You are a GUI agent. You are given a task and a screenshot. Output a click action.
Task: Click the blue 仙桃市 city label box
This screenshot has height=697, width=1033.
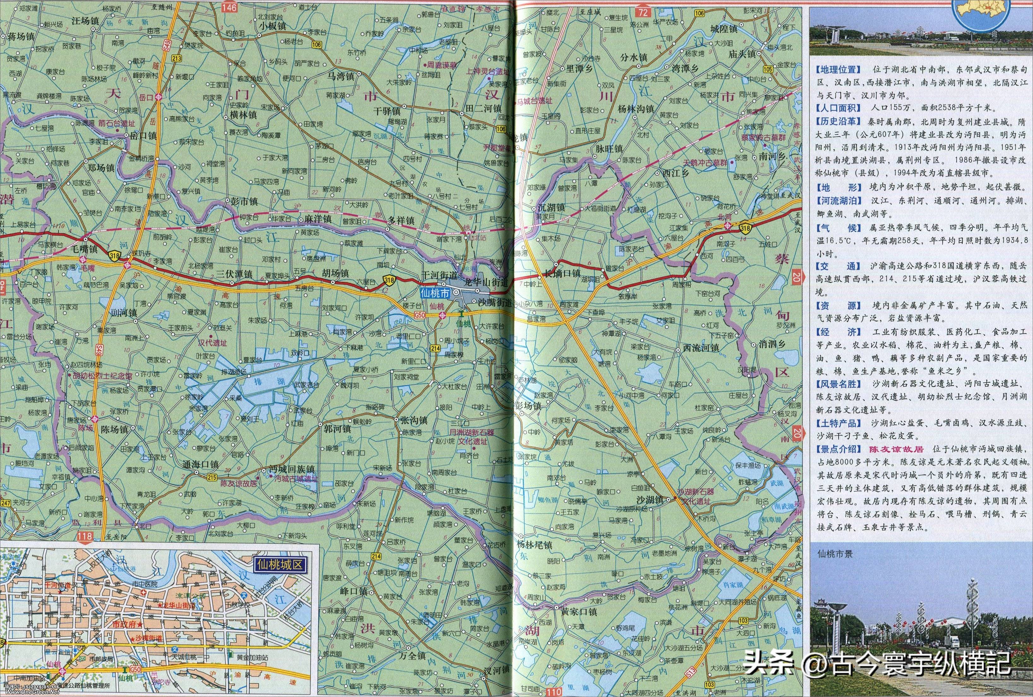click(435, 292)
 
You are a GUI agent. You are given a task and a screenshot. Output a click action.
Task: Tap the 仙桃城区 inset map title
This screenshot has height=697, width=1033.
click(279, 565)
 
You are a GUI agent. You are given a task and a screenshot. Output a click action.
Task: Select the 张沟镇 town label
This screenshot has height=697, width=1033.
click(411, 420)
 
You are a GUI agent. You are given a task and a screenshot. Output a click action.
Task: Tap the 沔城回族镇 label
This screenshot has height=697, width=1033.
click(292, 469)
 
